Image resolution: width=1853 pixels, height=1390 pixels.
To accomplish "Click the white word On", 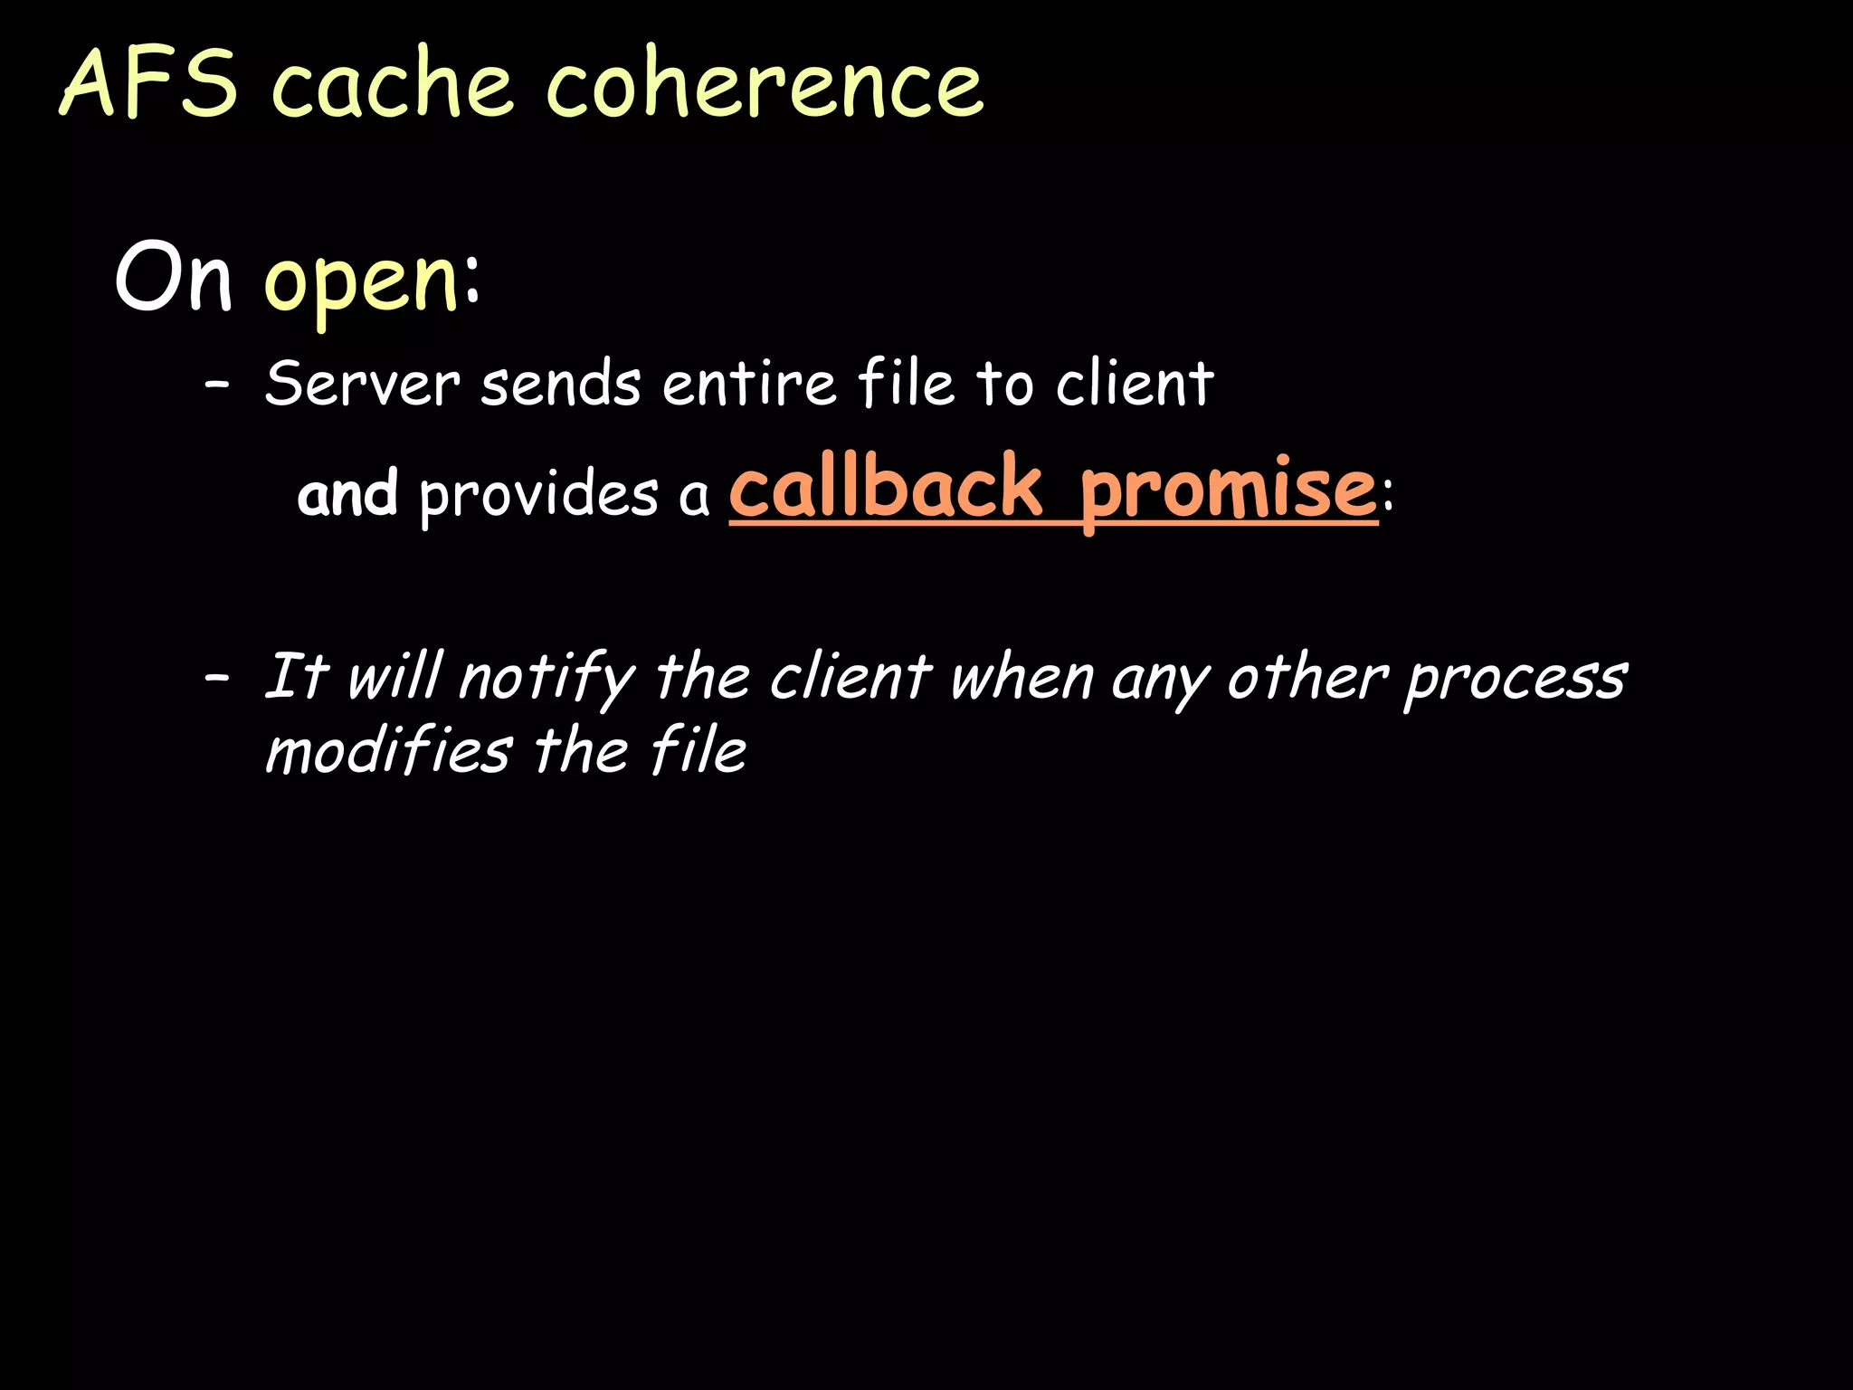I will point(174,278).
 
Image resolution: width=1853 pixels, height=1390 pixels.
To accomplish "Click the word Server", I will point(362,384).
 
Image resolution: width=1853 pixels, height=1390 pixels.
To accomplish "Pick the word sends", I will point(561,384).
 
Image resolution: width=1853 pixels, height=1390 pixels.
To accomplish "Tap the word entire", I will point(749,384).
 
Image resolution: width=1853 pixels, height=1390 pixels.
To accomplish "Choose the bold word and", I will point(347,494).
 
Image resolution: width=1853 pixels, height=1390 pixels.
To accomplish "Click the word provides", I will point(539,496).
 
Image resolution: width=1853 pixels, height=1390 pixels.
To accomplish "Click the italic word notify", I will point(546,679).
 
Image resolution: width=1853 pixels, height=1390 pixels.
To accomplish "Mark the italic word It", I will point(294,676).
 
